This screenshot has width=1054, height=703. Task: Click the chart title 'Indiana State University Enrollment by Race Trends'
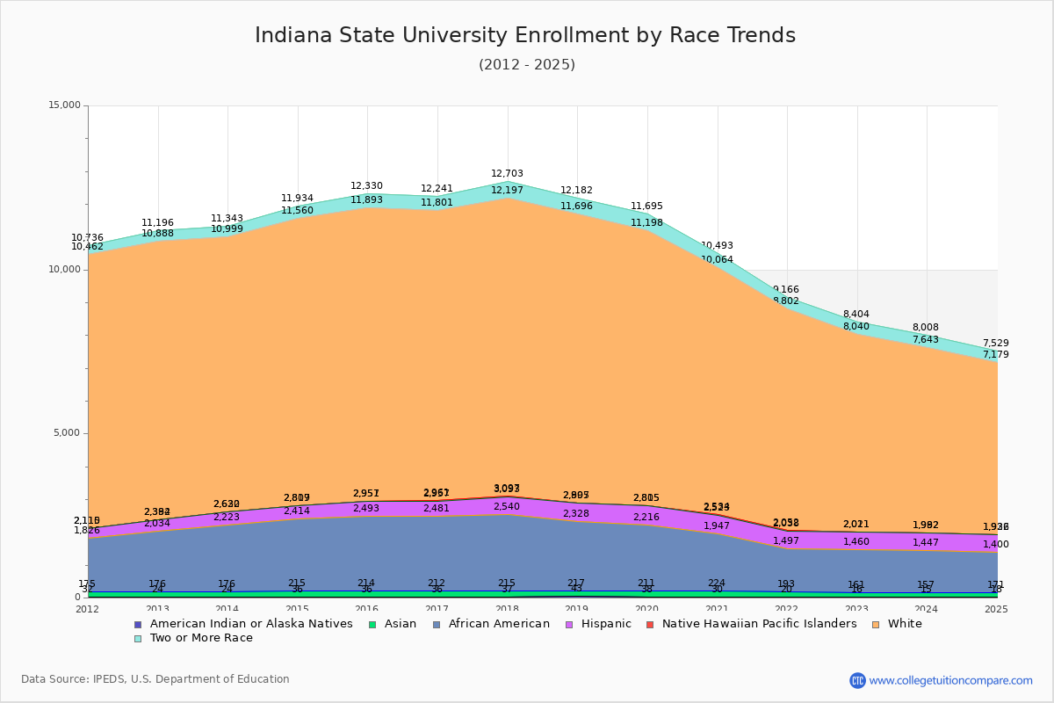tap(525, 36)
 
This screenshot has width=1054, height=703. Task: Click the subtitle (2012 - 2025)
tap(526, 65)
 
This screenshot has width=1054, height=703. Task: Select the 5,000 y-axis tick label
tap(67, 433)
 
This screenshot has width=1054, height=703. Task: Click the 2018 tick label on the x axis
tap(507, 609)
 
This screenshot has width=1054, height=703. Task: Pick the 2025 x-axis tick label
tap(996, 609)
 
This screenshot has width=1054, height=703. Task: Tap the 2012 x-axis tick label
tap(88, 609)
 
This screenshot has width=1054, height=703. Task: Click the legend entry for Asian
tap(393, 624)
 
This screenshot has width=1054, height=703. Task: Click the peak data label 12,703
tap(507, 174)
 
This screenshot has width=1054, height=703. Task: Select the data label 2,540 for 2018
tap(507, 507)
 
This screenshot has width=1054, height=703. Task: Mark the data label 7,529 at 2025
tap(995, 344)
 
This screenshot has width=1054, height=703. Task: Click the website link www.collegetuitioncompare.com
tap(950, 680)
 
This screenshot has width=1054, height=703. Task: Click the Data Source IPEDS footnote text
tap(155, 679)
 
